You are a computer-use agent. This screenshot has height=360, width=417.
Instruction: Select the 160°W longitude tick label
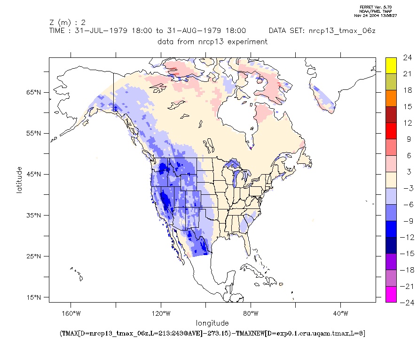(70, 313)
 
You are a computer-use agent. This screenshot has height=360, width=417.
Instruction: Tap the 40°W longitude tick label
(341, 313)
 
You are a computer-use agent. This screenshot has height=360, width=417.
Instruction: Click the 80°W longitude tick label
(251, 313)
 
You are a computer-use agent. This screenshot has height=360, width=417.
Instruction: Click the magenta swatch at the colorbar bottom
(391, 294)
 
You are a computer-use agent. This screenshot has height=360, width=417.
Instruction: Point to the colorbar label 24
(407, 58)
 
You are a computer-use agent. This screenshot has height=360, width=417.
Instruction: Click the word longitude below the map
(212, 323)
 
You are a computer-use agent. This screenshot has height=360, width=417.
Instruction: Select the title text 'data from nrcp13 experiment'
(212, 41)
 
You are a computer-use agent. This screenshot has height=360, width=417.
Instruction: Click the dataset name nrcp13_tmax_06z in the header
(341, 31)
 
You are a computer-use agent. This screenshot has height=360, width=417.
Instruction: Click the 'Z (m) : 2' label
(67, 22)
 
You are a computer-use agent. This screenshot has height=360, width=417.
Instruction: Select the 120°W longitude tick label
(160, 313)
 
